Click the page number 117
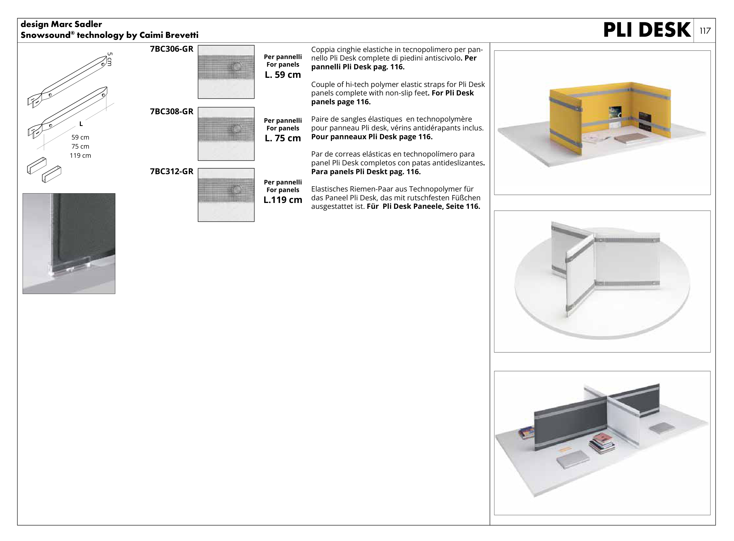point(705,31)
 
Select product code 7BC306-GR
point(171,49)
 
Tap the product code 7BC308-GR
point(171,112)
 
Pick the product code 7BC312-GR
point(171,172)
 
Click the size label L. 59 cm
point(283,75)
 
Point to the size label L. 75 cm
point(283,138)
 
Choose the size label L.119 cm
point(283,200)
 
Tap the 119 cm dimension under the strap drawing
point(80,156)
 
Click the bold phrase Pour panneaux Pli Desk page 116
point(372,137)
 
